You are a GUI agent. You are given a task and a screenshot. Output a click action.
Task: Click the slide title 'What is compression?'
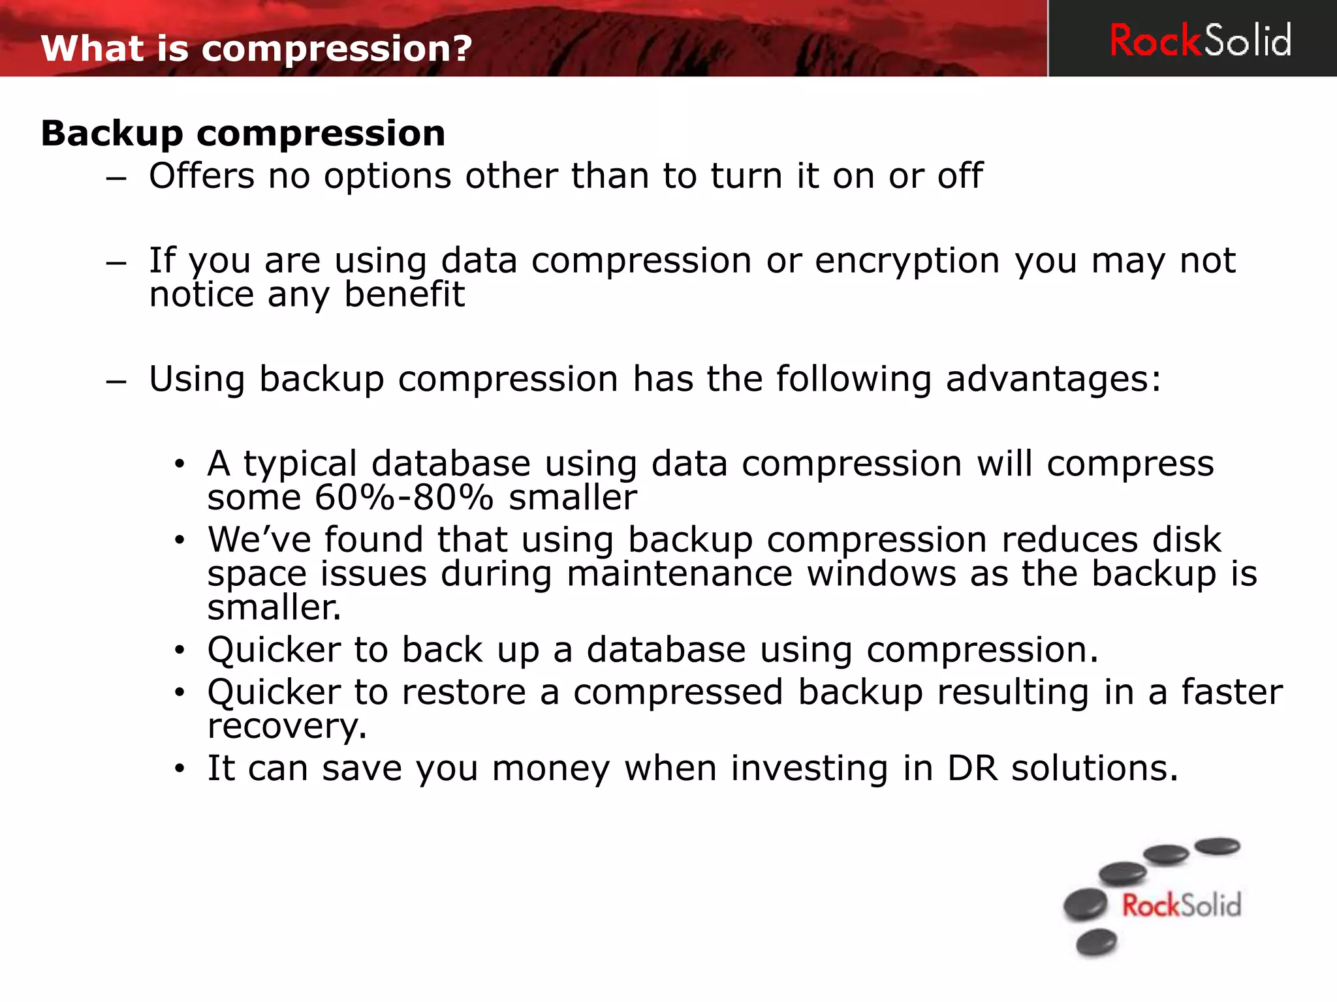(x=256, y=49)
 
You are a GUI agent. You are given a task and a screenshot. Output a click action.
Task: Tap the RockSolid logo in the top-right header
(x=1200, y=40)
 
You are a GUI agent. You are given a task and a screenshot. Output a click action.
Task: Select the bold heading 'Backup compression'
(x=243, y=134)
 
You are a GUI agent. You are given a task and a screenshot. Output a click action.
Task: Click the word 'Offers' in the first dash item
(x=201, y=176)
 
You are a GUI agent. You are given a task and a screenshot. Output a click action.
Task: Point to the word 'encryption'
(x=907, y=261)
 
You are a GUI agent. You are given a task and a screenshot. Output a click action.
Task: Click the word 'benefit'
(x=404, y=295)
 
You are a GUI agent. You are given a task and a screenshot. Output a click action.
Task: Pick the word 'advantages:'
(x=1053, y=379)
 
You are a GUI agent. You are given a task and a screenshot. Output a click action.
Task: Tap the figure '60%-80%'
(x=403, y=498)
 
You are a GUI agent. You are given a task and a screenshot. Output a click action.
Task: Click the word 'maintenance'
(x=679, y=574)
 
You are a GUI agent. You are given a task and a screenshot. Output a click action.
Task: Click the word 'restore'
(x=464, y=692)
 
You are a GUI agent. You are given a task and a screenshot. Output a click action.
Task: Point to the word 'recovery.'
(x=287, y=726)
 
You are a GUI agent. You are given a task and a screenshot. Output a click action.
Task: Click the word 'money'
(x=551, y=768)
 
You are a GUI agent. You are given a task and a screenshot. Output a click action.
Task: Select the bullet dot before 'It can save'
(x=180, y=769)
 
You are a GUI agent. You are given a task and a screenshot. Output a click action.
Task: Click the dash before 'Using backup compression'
(x=116, y=381)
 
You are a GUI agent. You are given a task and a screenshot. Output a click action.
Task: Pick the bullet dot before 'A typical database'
(x=180, y=464)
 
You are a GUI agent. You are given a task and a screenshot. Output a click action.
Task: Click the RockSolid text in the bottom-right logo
(x=1181, y=906)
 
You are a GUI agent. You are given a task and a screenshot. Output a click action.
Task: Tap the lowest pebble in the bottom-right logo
(x=1096, y=943)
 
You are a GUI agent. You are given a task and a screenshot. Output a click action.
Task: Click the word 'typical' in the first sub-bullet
(x=300, y=464)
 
